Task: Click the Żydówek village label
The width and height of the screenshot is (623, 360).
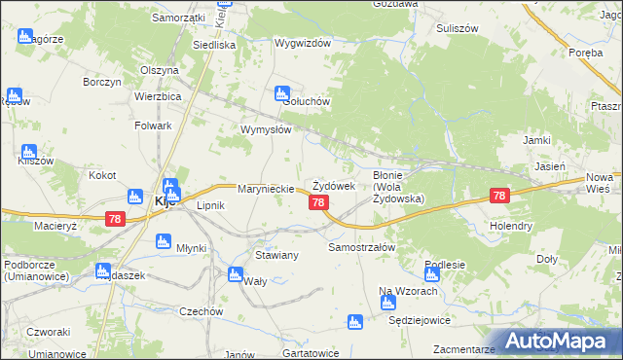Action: click(x=332, y=186)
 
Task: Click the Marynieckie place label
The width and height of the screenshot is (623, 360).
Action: click(x=266, y=188)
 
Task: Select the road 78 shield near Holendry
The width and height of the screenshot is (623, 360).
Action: click(x=499, y=196)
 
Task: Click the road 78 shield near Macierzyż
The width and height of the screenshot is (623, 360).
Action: click(x=116, y=221)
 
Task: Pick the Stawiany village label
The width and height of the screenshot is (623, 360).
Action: click(x=275, y=254)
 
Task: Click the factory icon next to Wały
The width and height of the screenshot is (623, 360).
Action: click(x=234, y=273)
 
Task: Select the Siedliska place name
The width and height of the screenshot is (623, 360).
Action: click(x=214, y=45)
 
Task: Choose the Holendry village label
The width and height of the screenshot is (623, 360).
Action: click(x=511, y=226)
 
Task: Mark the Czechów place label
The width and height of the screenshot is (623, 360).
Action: click(x=202, y=311)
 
